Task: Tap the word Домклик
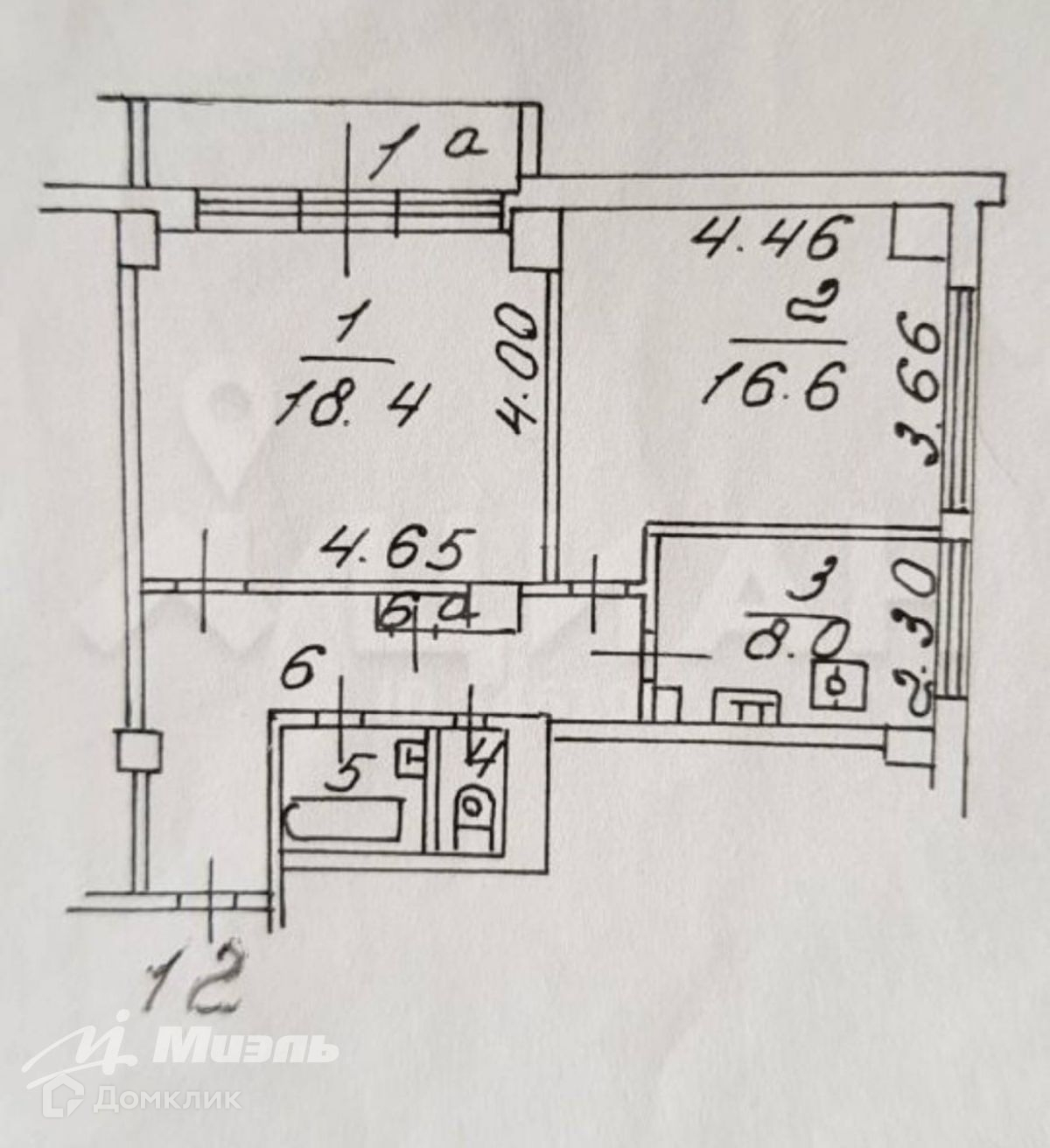[167, 1097]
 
